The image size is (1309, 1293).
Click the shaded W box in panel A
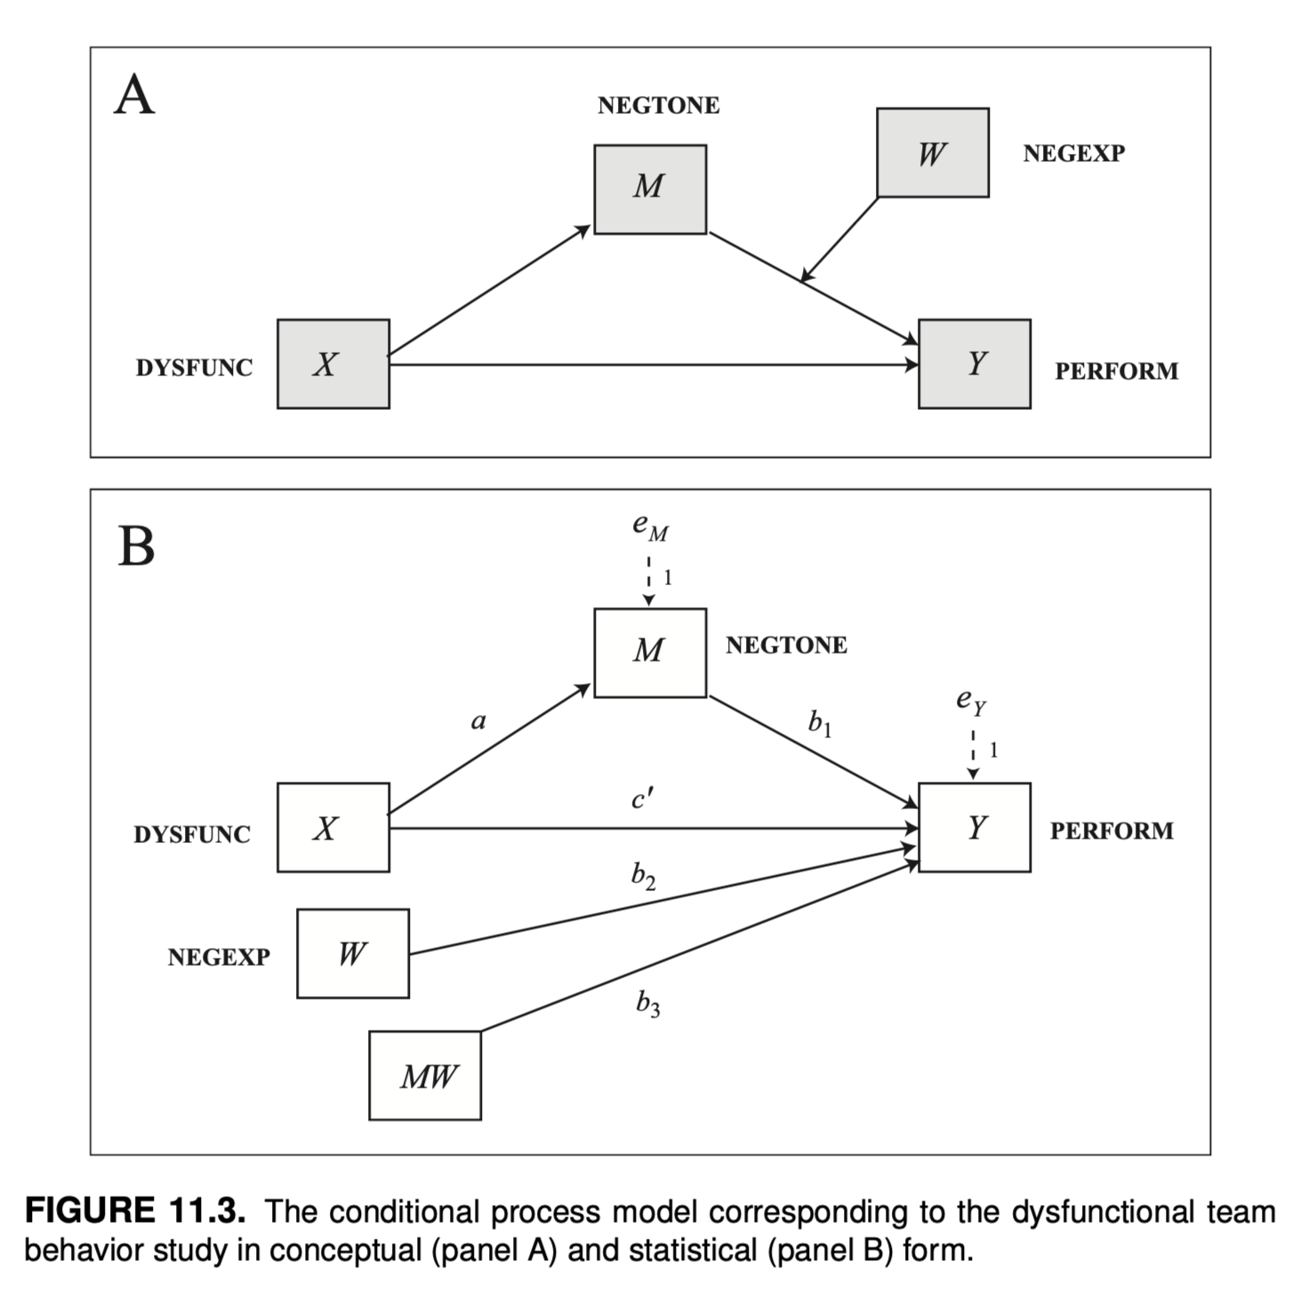(932, 153)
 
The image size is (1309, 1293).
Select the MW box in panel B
(425, 1075)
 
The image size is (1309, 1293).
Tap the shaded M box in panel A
(650, 189)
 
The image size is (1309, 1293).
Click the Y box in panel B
(975, 827)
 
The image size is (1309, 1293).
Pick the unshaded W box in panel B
(353, 953)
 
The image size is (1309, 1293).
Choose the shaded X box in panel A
(333, 364)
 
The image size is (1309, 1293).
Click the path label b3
(647, 1004)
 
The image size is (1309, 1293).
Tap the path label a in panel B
(478, 721)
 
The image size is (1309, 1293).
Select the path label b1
(820, 724)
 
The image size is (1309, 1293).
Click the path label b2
(643, 877)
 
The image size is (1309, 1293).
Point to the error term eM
(650, 527)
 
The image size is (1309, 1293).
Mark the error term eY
(971, 703)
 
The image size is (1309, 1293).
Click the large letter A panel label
(134, 95)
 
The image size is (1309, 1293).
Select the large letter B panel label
(136, 546)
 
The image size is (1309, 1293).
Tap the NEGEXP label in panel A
(1073, 153)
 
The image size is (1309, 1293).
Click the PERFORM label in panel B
(1112, 831)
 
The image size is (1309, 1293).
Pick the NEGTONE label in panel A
(658, 105)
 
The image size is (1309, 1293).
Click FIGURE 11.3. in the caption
(133, 1211)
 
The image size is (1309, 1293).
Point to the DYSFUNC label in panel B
(192, 834)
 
